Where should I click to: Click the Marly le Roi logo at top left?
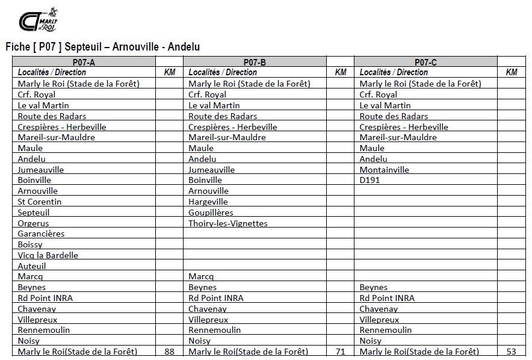point(39,20)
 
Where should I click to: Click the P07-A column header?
point(84,62)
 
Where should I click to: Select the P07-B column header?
point(255,62)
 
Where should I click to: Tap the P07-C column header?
point(425,62)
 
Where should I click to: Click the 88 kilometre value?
point(169,352)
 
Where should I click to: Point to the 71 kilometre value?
point(340,352)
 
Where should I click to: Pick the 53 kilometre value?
point(512,352)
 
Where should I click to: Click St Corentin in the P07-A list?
point(40,202)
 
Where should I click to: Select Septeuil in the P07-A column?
point(34,213)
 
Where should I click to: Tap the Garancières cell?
point(41,234)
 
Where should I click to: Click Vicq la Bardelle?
point(48,255)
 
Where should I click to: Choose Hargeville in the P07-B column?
point(208,202)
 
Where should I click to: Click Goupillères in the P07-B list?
point(211,213)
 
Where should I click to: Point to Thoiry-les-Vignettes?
point(228,223)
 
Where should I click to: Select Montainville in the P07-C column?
point(384,170)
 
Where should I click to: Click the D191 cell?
point(370,180)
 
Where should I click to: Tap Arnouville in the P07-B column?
point(208,191)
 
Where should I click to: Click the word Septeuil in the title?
point(84,46)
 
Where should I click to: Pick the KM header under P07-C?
point(512,72)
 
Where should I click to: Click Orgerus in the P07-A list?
point(34,223)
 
